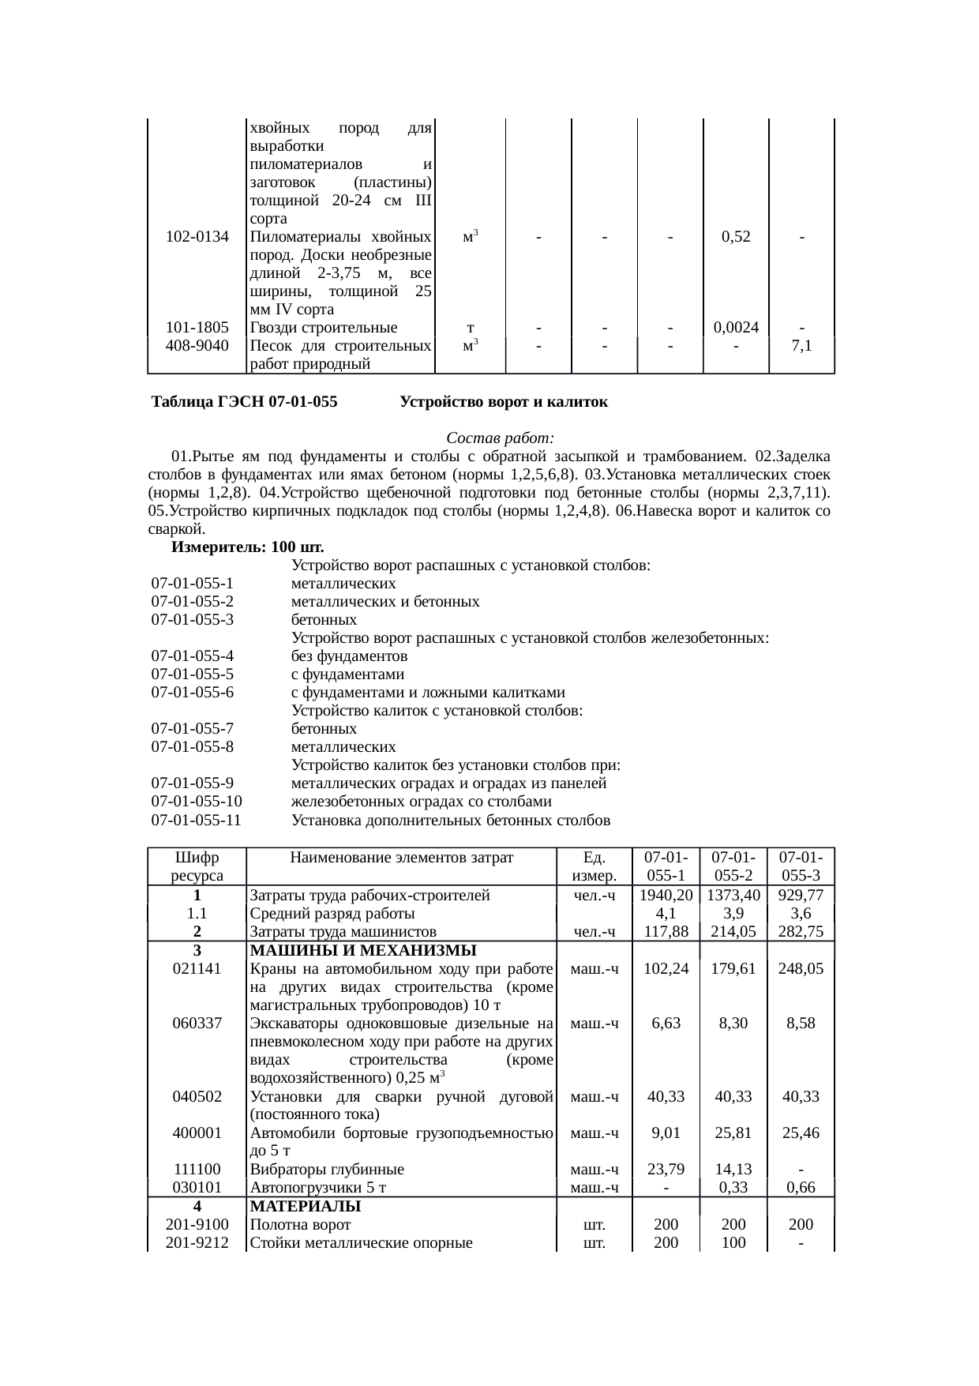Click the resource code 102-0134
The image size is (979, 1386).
(197, 236)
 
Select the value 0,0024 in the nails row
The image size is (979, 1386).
(736, 327)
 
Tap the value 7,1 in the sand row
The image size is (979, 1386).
(801, 346)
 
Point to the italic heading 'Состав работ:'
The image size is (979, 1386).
(501, 438)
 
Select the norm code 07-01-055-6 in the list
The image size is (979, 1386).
(193, 693)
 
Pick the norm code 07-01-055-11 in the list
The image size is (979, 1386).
(196, 820)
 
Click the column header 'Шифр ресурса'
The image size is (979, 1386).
(197, 866)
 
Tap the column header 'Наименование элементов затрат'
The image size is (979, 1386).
(401, 858)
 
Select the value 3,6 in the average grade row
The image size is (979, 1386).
(801, 913)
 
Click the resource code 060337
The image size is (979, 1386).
(197, 1023)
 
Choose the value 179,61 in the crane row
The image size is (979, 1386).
(733, 968)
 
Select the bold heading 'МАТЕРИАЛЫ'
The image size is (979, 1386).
(305, 1207)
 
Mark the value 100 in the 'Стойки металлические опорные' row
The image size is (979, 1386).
(733, 1243)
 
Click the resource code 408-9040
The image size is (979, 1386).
(197, 346)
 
